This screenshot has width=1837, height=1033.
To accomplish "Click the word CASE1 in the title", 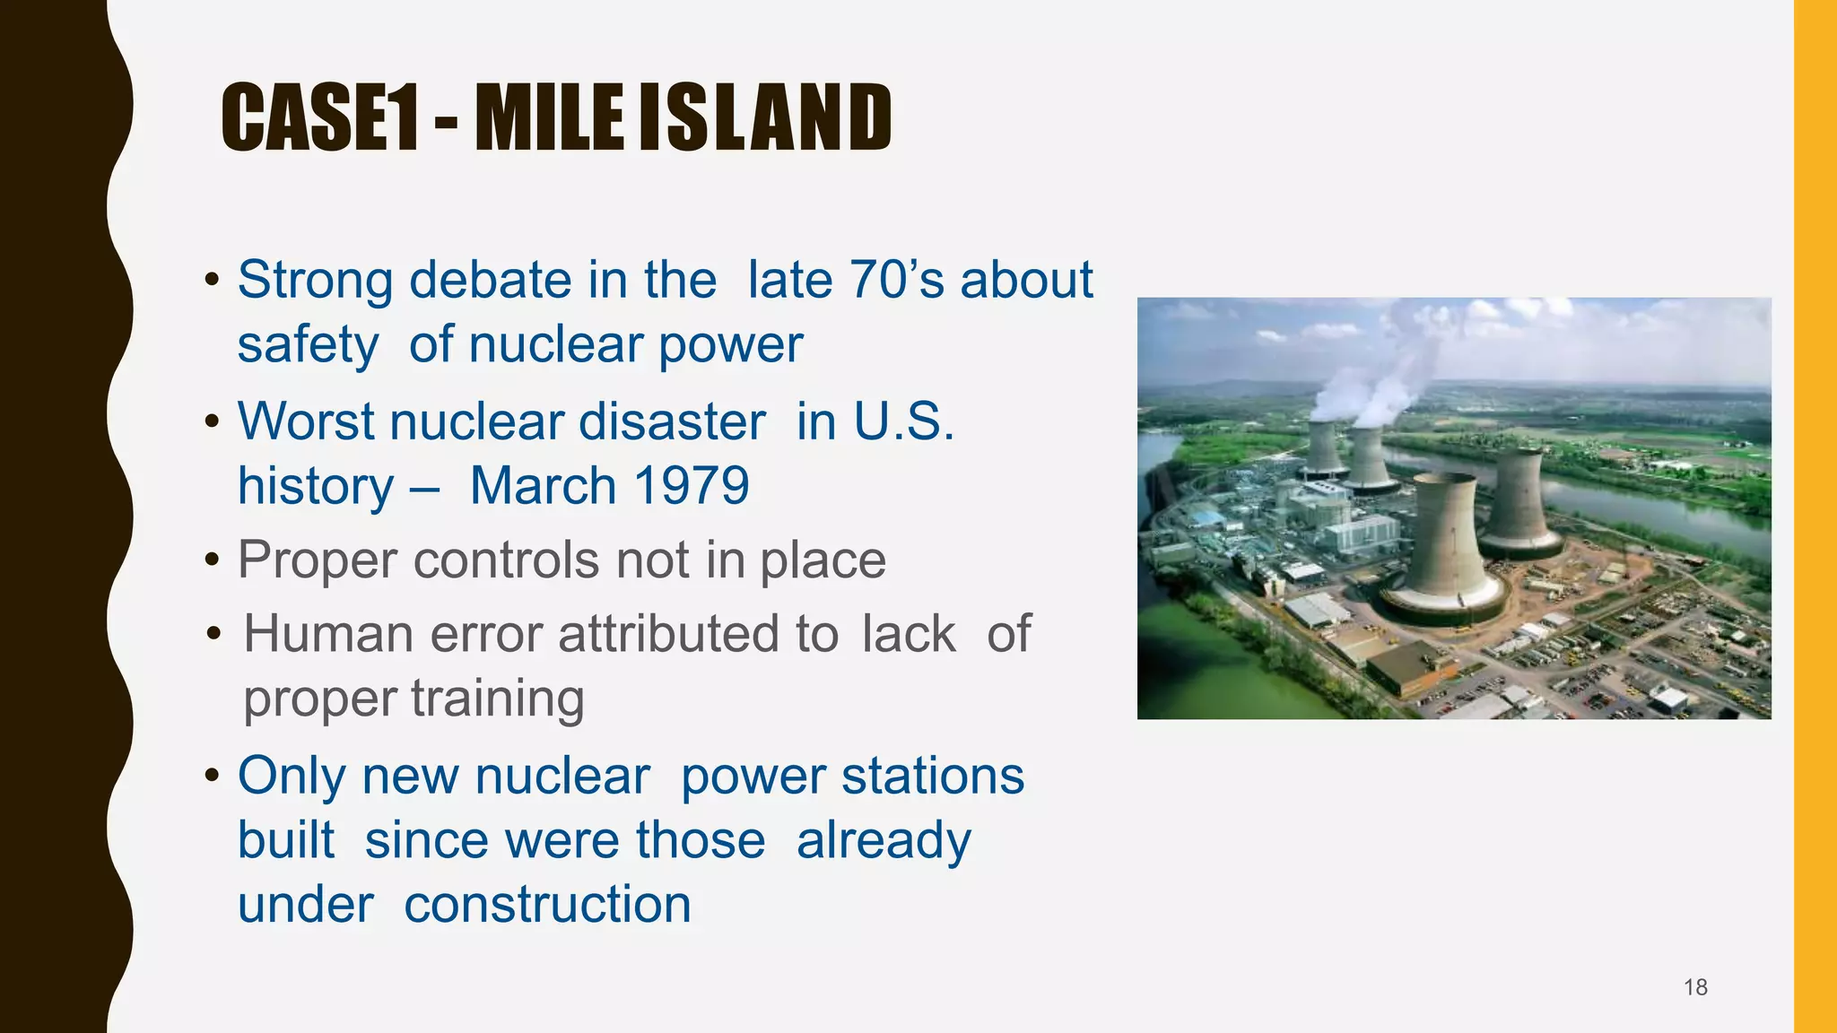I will point(320,117).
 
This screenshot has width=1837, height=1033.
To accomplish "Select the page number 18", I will point(1695,987).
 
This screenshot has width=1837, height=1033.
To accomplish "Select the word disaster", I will point(672,421).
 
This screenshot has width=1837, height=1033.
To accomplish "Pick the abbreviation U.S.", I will point(903,421).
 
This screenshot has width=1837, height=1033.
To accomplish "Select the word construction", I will point(547,904).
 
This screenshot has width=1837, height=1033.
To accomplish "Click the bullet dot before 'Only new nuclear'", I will point(212,775).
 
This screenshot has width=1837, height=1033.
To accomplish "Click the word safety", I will point(307,345).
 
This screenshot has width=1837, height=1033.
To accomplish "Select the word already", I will point(884,840).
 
